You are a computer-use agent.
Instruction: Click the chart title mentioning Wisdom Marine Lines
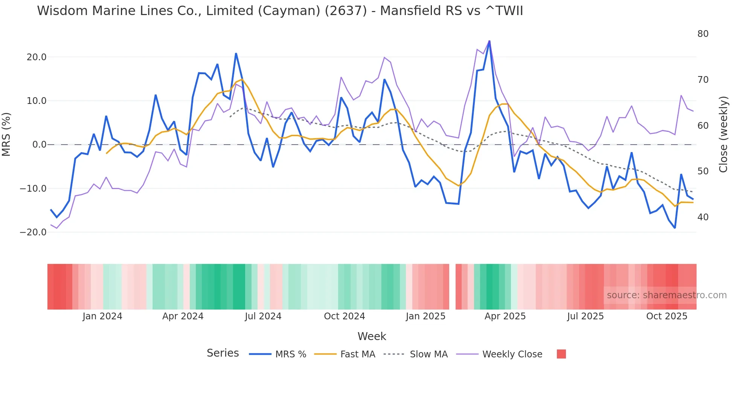click(280, 11)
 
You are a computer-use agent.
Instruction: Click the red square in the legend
click(561, 354)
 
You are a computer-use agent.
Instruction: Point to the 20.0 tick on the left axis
click(36, 57)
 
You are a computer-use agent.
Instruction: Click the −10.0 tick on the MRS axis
click(33, 189)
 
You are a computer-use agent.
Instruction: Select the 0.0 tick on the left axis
click(39, 145)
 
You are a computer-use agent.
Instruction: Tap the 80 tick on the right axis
click(703, 34)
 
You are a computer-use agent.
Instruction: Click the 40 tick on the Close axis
click(703, 217)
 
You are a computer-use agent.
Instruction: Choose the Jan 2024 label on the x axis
click(102, 316)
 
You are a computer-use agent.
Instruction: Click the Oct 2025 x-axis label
click(666, 316)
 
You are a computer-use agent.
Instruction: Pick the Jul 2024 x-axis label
click(263, 316)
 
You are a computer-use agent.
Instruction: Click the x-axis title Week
click(372, 336)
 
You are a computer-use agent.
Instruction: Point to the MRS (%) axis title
click(6, 134)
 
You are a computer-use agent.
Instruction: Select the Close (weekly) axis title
click(723, 134)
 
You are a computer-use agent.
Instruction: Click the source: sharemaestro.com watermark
click(666, 295)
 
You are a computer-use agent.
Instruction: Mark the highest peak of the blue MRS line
click(489, 41)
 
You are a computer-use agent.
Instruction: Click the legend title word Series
click(223, 353)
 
